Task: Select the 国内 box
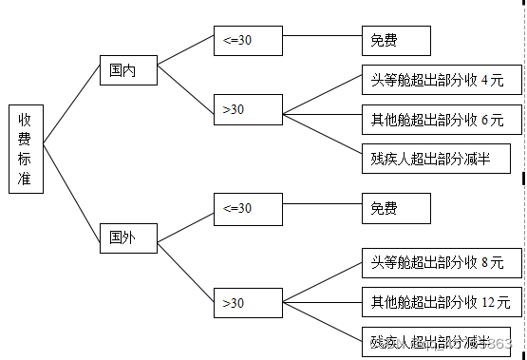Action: pos(128,71)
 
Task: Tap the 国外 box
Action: pos(128,237)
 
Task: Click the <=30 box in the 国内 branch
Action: pos(248,41)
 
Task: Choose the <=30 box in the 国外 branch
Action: pos(248,209)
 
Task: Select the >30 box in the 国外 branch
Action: pos(248,303)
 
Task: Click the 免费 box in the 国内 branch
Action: pos(395,41)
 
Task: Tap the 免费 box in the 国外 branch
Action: pos(395,209)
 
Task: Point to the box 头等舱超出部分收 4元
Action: pos(441,81)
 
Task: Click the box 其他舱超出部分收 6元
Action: pos(441,121)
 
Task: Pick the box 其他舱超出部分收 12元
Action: pos(441,303)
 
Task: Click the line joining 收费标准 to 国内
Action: pos(71,107)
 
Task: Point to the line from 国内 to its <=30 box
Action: pos(185,55)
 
